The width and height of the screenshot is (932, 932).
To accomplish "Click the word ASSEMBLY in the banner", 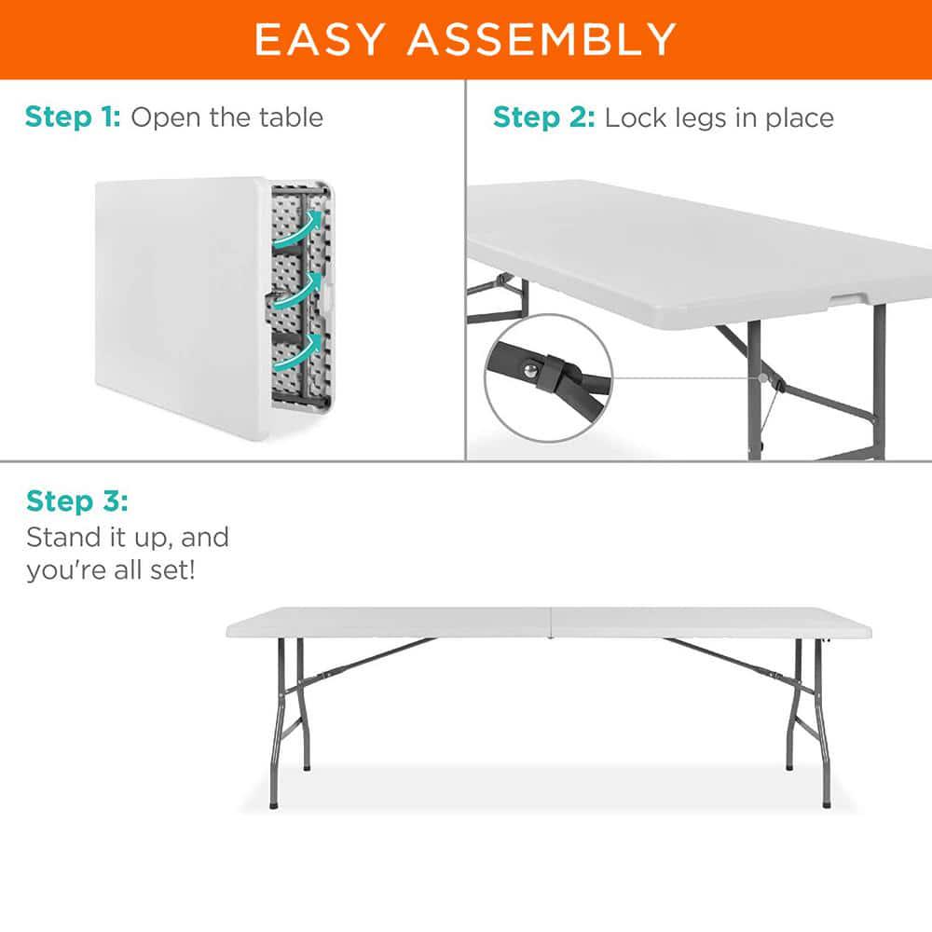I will click(541, 39).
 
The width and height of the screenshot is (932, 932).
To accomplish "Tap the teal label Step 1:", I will click(73, 117).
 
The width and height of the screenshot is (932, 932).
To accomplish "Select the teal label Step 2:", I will click(543, 117).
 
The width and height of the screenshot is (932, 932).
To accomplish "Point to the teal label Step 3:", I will click(76, 501).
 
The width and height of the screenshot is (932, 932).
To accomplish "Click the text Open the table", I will click(226, 117).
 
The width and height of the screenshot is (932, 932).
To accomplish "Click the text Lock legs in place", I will click(719, 117).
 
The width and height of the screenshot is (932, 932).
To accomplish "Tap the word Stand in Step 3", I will click(62, 538).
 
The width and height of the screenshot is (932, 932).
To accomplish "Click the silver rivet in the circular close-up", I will click(531, 371).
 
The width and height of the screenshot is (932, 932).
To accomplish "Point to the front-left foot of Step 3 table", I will click(273, 802).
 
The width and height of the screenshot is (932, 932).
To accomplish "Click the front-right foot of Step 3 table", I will click(826, 802).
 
